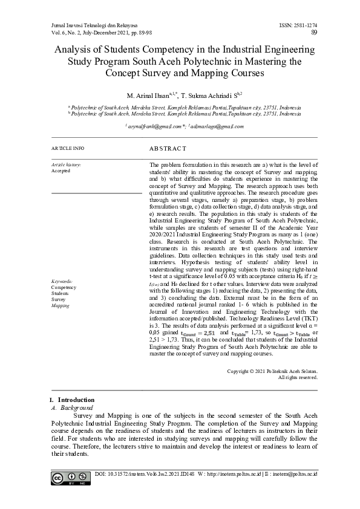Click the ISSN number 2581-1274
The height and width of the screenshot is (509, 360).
pyautogui.click(x=304, y=25)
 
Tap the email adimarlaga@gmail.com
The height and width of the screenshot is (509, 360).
pyautogui.click(x=218, y=126)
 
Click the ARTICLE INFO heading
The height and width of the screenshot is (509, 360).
pyautogui.click(x=68, y=148)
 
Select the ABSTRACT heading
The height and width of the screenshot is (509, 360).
pyautogui.click(x=168, y=148)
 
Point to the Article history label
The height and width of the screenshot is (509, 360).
pyautogui.click(x=66, y=164)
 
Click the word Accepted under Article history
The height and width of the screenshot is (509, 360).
pyautogui.click(x=61, y=170)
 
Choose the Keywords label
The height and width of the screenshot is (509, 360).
pyautogui.click(x=62, y=282)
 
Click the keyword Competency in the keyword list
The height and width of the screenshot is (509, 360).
pyautogui.click(x=64, y=288)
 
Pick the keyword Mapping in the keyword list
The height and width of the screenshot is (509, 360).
pyautogui.click(x=61, y=306)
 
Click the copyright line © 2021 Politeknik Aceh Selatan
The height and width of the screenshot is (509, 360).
pyautogui.click(x=272, y=371)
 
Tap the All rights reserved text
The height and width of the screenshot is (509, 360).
pyautogui.click(x=297, y=377)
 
